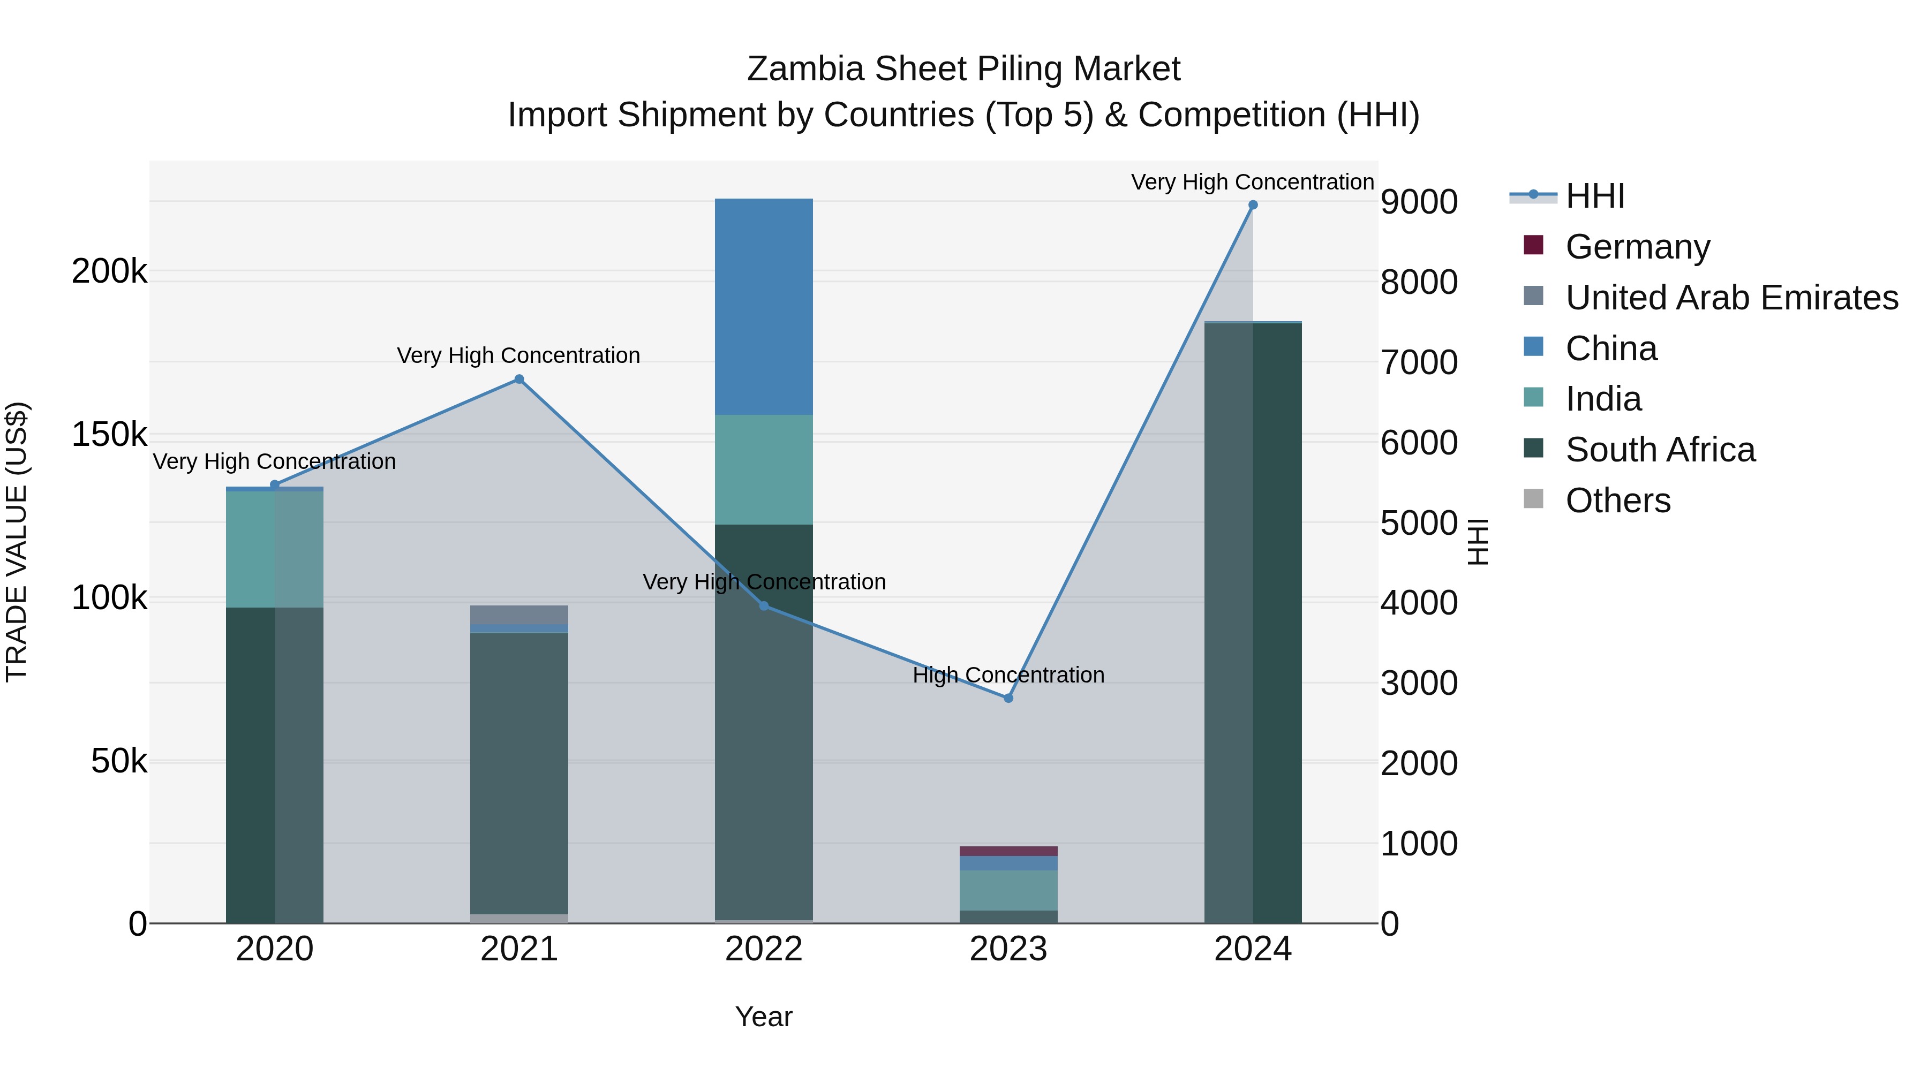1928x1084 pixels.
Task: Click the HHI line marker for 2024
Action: pyautogui.click(x=1253, y=205)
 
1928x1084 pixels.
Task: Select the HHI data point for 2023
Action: pyautogui.click(x=1008, y=698)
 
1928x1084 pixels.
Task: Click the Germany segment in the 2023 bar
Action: pyautogui.click(x=1008, y=851)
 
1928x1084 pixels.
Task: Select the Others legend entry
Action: pyautogui.click(x=1617, y=501)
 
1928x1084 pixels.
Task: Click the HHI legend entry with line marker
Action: pyautogui.click(x=1594, y=196)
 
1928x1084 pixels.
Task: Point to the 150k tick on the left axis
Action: pyautogui.click(x=109, y=435)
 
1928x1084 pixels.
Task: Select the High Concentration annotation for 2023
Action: pyautogui.click(x=1008, y=675)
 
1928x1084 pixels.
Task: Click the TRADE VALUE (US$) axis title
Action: pyautogui.click(x=17, y=542)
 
